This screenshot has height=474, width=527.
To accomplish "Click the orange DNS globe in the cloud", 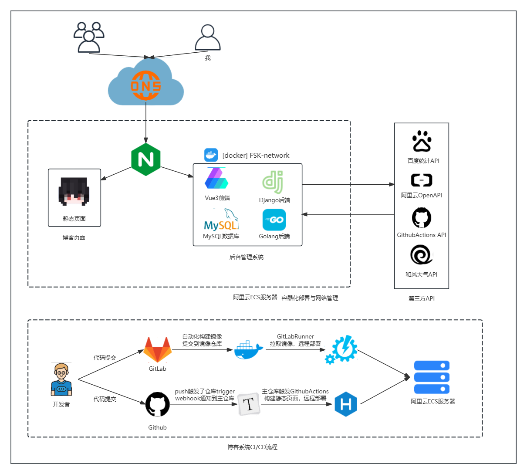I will pyautogui.click(x=146, y=86).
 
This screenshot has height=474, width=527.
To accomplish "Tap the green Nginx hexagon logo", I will pyautogui.click(x=146, y=159).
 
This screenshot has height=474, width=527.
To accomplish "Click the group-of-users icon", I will pyautogui.click(x=89, y=37).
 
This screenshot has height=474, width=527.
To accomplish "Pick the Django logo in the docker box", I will pyautogui.click(x=273, y=182).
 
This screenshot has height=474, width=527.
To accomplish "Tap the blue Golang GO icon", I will pyautogui.click(x=274, y=220).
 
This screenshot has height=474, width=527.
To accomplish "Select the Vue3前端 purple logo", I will pyautogui.click(x=216, y=179).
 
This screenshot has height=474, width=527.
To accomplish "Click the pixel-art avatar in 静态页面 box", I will pyautogui.click(x=74, y=191).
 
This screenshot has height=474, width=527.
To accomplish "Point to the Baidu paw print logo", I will pyautogui.click(x=422, y=141).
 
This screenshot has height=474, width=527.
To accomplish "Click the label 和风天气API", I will pyautogui.click(x=421, y=274).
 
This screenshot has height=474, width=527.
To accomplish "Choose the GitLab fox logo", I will pyautogui.click(x=158, y=349).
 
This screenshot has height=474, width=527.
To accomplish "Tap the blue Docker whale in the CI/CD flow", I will pyautogui.click(x=248, y=349).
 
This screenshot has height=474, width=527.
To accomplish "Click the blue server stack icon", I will pyautogui.click(x=431, y=377).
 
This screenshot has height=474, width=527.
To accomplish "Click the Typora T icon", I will pyautogui.click(x=249, y=404).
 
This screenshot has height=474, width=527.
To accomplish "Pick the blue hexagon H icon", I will pyautogui.click(x=346, y=404).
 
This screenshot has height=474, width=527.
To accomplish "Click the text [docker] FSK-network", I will pyautogui.click(x=256, y=156).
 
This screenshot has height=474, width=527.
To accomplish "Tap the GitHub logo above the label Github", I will pyautogui.click(x=157, y=404).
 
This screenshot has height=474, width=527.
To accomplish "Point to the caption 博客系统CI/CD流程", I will pyautogui.click(x=252, y=447).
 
